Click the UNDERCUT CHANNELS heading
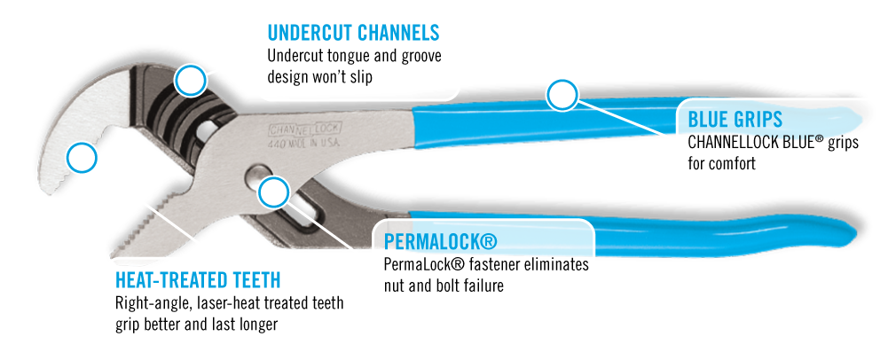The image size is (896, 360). click(x=353, y=34)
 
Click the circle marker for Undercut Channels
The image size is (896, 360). click(x=190, y=81)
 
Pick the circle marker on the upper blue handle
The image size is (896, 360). click(x=561, y=94)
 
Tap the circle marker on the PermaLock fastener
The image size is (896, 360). click(x=273, y=191)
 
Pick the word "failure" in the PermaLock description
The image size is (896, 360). click(x=483, y=286)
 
